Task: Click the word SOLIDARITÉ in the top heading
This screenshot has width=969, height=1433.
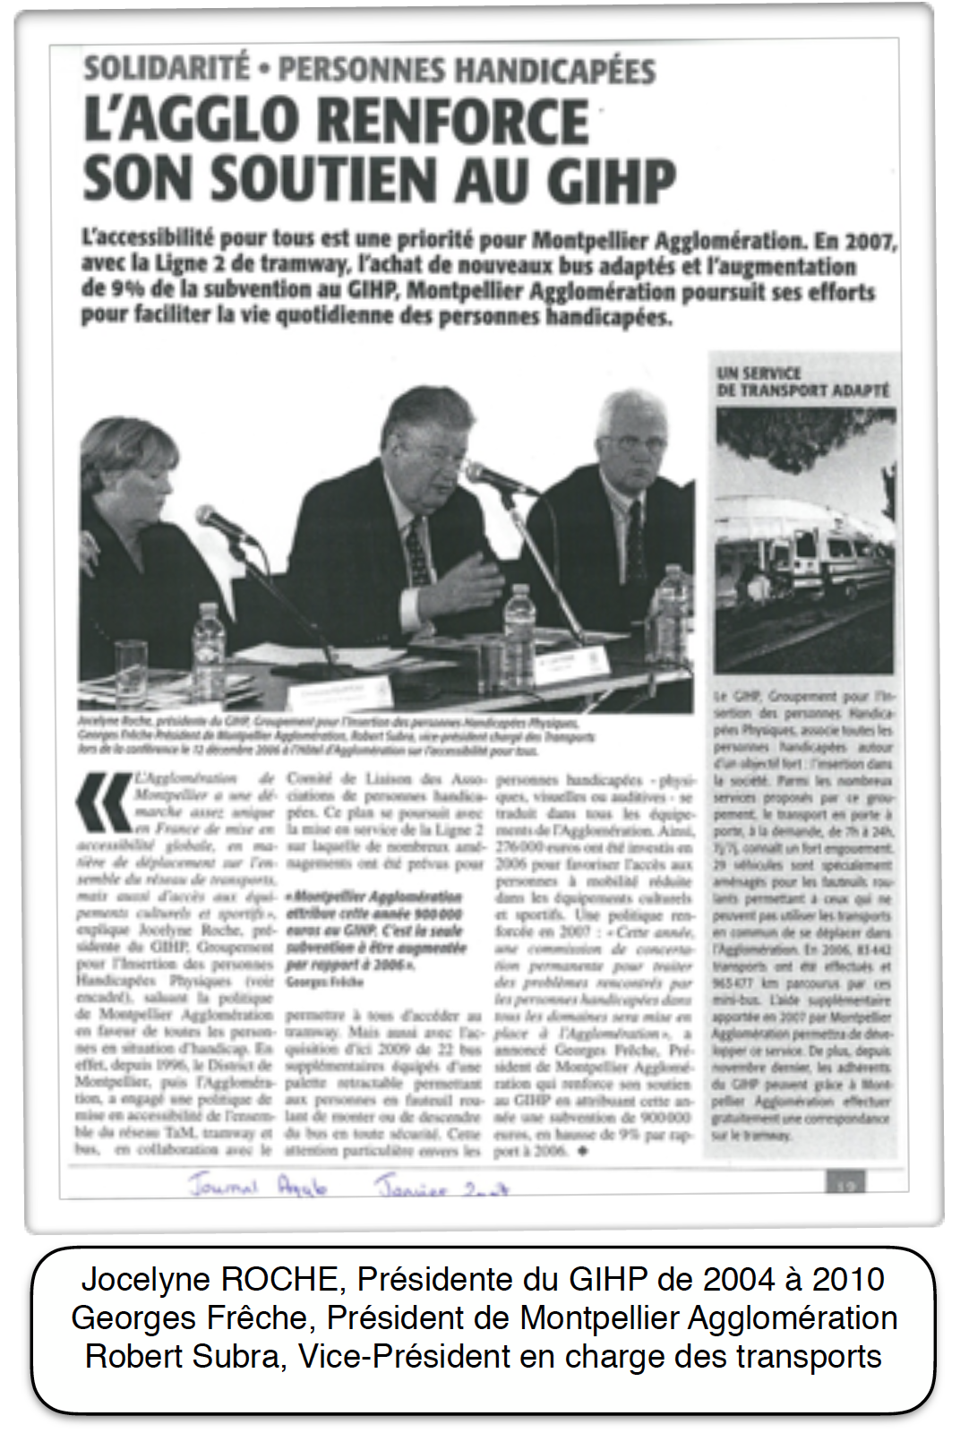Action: pyautogui.click(x=167, y=69)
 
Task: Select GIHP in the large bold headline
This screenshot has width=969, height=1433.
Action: pyautogui.click(x=611, y=181)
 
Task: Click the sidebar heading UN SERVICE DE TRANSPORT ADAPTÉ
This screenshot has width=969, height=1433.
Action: pyautogui.click(x=802, y=382)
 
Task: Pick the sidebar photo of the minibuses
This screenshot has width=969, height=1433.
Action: pyautogui.click(x=804, y=540)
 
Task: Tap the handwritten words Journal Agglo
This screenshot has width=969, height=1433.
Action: pyautogui.click(x=257, y=1186)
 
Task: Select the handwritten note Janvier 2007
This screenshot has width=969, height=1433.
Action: pyautogui.click(x=441, y=1188)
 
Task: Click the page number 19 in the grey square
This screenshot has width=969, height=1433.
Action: pyautogui.click(x=845, y=1185)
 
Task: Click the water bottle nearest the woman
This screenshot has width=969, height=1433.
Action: pyautogui.click(x=208, y=639)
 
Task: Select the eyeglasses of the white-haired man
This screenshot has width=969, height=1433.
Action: pyautogui.click(x=630, y=442)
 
